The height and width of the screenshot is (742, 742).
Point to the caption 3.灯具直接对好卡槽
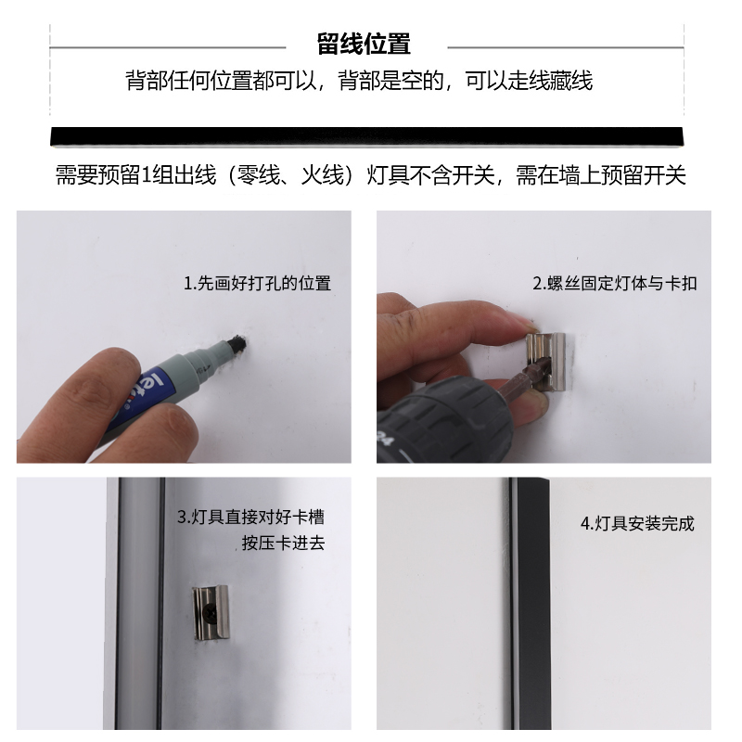250,517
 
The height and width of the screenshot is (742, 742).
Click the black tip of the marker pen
238,343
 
